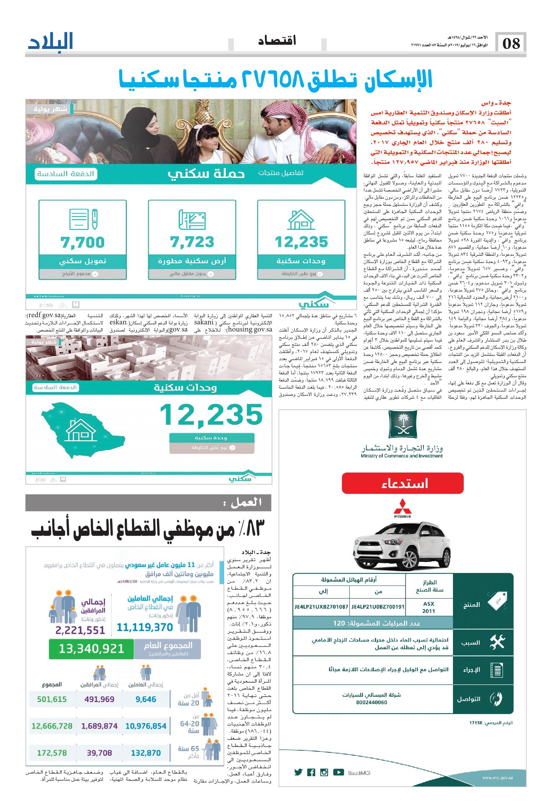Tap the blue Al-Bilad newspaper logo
click(x=51, y=42)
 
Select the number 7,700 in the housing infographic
click(x=83, y=242)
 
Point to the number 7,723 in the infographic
click(x=192, y=242)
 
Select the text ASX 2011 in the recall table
click(x=429, y=606)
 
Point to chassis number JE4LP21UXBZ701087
click(x=321, y=606)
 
